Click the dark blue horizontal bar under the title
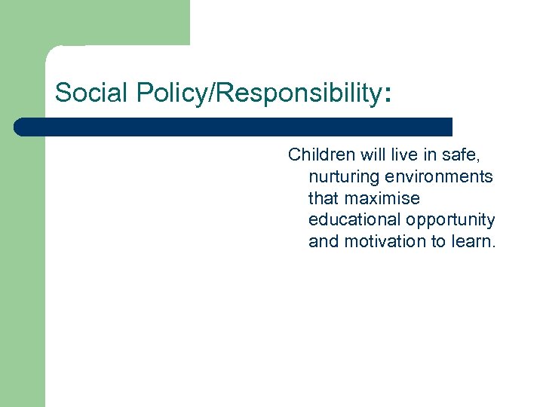(234, 127)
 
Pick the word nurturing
(342, 176)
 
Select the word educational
(354, 220)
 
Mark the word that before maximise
(324, 198)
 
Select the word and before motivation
(324, 242)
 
